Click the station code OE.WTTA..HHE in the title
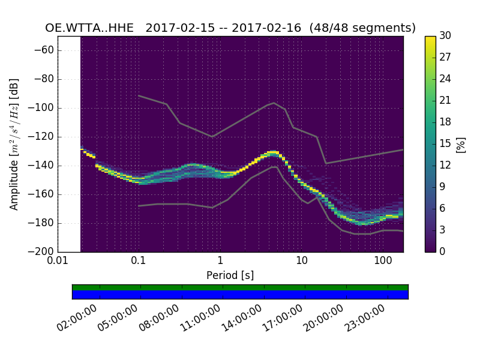click(89, 28)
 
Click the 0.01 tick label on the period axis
click(58, 262)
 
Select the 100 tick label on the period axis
click(383, 262)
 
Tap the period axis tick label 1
click(220, 262)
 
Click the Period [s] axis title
click(230, 275)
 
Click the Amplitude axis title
click(14, 144)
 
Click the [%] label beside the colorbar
click(461, 144)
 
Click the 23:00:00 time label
click(364, 318)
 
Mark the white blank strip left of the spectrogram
click(69, 144)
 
